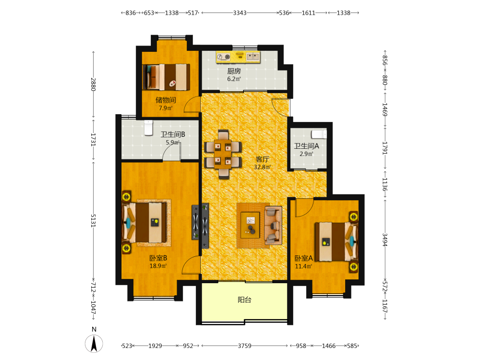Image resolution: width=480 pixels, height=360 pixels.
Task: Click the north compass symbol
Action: [x=94, y=344]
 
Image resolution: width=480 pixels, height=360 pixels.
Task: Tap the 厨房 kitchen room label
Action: [x=234, y=71]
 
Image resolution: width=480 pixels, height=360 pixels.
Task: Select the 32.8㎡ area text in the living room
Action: [x=263, y=167]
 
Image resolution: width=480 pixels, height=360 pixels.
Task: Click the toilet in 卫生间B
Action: [x=148, y=128]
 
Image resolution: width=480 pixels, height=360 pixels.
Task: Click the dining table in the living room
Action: [x=223, y=154]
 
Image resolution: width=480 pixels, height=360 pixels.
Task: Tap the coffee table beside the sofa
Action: [x=251, y=225]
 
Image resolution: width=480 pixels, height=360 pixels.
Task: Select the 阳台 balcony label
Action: [x=245, y=300]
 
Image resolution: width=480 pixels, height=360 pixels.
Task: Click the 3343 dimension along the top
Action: [x=240, y=13]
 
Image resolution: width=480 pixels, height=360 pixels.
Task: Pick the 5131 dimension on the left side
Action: [x=94, y=220]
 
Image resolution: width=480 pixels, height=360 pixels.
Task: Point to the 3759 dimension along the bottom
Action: [x=245, y=346]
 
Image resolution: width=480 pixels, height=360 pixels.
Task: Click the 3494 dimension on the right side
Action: [x=385, y=240]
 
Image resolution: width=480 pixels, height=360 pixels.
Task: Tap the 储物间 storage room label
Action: [x=166, y=100]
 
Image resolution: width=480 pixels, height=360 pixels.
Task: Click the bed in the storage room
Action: [x=166, y=77]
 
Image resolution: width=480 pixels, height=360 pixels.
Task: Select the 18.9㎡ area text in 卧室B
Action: [x=158, y=266]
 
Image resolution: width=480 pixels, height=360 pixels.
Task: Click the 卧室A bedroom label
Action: [x=304, y=258]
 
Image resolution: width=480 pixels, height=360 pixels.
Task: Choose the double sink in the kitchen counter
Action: [x=253, y=56]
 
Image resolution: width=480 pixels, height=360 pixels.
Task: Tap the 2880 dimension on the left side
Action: [x=94, y=84]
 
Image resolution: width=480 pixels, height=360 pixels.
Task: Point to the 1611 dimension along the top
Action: [x=308, y=13]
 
